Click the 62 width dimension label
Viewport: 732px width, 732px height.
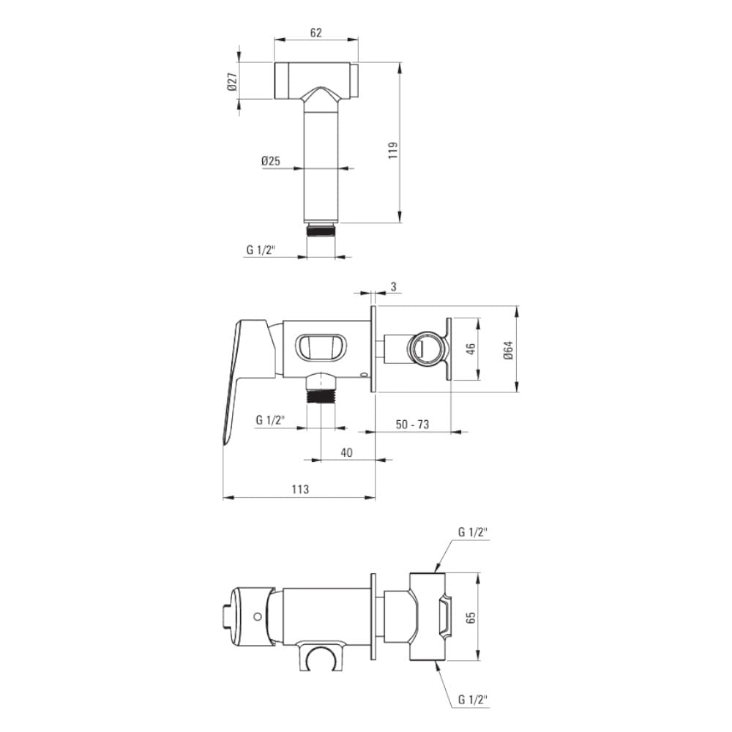pyautogui.click(x=316, y=33)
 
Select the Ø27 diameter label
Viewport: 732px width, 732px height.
pyautogui.click(x=233, y=82)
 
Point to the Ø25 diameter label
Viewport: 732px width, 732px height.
pyautogui.click(x=271, y=161)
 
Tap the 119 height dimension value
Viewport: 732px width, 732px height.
pyautogui.click(x=393, y=150)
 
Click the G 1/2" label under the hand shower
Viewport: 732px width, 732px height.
pyautogui.click(x=261, y=250)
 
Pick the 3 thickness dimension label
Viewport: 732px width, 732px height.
pyautogui.click(x=394, y=287)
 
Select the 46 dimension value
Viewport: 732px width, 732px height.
pyautogui.click(x=471, y=348)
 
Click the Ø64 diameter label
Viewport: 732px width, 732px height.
pyautogui.click(x=509, y=350)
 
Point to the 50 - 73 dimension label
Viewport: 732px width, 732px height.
pyautogui.click(x=412, y=425)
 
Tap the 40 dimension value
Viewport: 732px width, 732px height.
pyautogui.click(x=346, y=452)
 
